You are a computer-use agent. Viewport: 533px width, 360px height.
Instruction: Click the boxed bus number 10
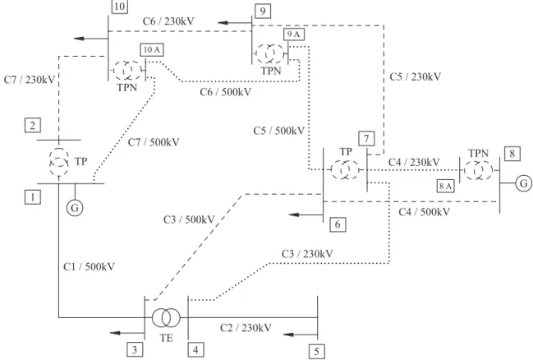pyautogui.click(x=119, y=6)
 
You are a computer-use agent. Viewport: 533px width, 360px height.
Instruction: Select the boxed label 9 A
pyautogui.click(x=294, y=34)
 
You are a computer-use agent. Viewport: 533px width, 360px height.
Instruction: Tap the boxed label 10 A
pyautogui.click(x=152, y=49)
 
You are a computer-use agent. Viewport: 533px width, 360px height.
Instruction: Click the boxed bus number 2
pyautogui.click(x=33, y=125)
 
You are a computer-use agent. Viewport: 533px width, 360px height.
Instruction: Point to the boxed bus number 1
pyautogui.click(x=33, y=197)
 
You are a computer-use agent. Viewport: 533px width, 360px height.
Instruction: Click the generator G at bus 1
pyautogui.click(x=75, y=208)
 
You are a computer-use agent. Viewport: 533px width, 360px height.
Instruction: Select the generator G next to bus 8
pyautogui.click(x=524, y=183)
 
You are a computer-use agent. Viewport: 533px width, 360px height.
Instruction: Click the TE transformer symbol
pyautogui.click(x=166, y=317)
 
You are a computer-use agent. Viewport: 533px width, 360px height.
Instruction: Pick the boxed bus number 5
pyautogui.click(x=316, y=352)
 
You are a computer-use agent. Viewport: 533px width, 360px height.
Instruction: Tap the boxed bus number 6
pyautogui.click(x=338, y=224)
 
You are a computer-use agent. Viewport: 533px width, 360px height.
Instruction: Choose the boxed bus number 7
pyautogui.click(x=366, y=138)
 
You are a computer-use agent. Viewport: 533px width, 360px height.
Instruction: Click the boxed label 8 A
pyautogui.click(x=445, y=186)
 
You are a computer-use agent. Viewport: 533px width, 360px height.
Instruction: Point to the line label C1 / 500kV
pyautogui.click(x=89, y=266)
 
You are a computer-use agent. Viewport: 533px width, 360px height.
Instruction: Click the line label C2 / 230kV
pyautogui.click(x=246, y=328)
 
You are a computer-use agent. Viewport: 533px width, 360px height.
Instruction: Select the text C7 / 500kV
pyautogui.click(x=154, y=142)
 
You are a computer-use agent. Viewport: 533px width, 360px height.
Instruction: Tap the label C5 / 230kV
pyautogui.click(x=416, y=76)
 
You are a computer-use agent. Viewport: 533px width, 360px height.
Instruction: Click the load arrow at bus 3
pyautogui.click(x=127, y=332)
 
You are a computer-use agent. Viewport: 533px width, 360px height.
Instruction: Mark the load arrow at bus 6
pyautogui.click(x=306, y=215)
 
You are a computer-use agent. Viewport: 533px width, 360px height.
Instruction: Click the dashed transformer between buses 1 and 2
pyautogui.click(x=59, y=161)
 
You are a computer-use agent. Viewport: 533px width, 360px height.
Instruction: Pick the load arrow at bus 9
pyautogui.click(x=235, y=23)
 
